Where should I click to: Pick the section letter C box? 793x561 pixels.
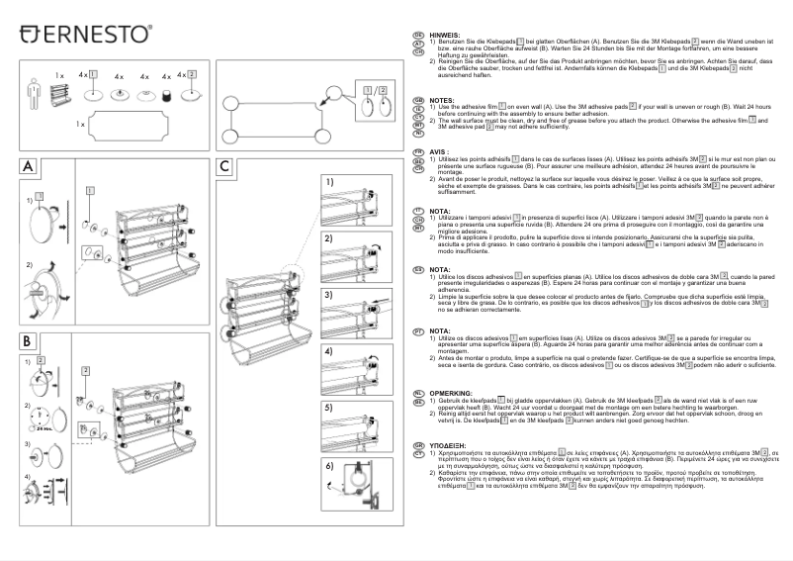225,167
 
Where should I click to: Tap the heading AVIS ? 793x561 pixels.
439,152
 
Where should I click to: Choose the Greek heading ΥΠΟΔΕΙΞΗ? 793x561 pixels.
451,445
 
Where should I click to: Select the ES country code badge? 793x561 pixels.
418,269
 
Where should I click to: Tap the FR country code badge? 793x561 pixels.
418,152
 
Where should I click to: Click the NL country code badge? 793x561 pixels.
418,393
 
